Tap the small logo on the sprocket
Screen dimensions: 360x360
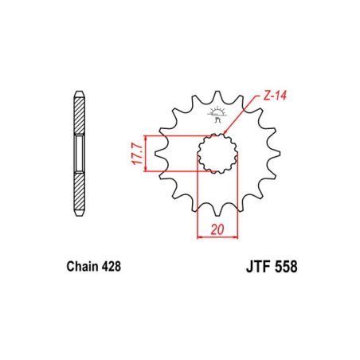217,113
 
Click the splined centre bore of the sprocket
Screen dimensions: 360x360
216,151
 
